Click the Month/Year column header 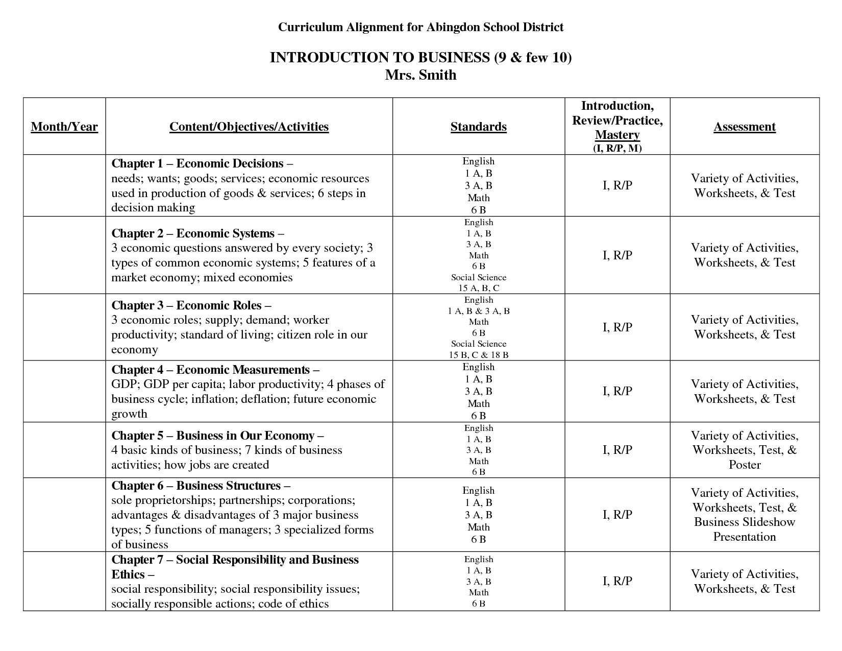pyautogui.click(x=64, y=127)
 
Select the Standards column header pyautogui.click(x=478, y=127)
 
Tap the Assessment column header pyautogui.click(x=745, y=127)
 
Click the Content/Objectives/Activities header pyautogui.click(x=249, y=127)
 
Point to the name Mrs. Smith pyautogui.click(x=420, y=75)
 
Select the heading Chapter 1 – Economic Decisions pyautogui.click(x=202, y=163)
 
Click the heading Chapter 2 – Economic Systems pyautogui.click(x=197, y=233)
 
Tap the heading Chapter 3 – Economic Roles pyautogui.click(x=191, y=305)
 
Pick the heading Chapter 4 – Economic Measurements pyautogui.click(x=215, y=370)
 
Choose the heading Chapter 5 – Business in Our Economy pyautogui.click(x=217, y=436)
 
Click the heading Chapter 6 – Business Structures pyautogui.click(x=201, y=486)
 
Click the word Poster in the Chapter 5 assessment pyautogui.click(x=745, y=465)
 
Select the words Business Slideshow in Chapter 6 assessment pyautogui.click(x=745, y=522)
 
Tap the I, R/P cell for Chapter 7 pyautogui.click(x=617, y=581)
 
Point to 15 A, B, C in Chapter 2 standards pyautogui.click(x=478, y=288)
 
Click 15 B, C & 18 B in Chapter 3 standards pyautogui.click(x=478, y=354)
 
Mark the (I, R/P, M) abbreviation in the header pyautogui.click(x=617, y=148)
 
